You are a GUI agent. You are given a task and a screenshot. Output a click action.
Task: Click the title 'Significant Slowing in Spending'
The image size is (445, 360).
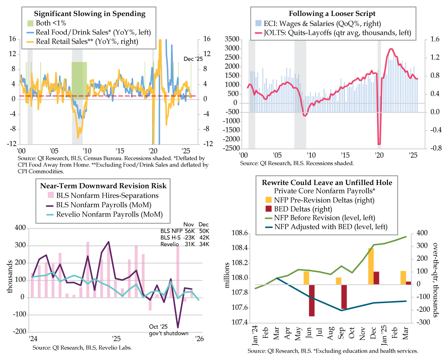(89, 14)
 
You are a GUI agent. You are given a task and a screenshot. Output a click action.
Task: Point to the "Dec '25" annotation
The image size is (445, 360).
(191, 59)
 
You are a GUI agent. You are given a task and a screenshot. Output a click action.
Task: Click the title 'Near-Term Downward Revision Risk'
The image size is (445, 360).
(100, 186)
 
